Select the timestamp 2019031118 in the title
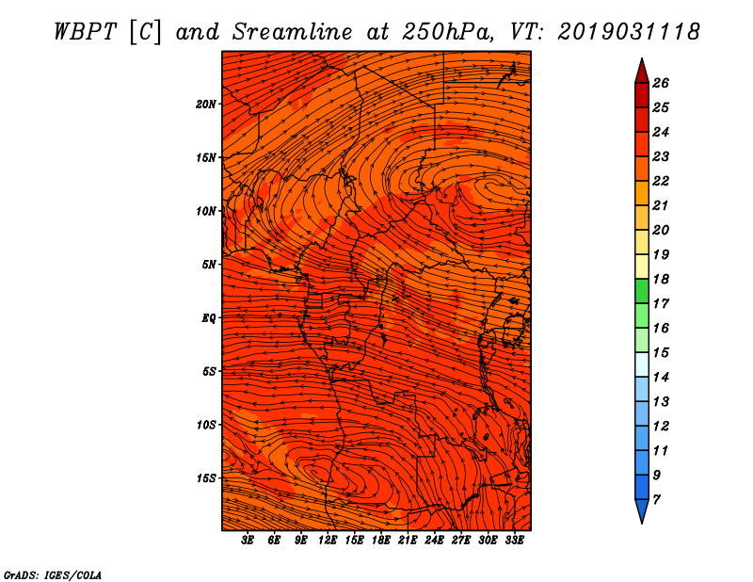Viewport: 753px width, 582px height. point(629,31)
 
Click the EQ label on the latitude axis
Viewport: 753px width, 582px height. point(209,317)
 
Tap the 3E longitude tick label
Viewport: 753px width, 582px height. point(248,541)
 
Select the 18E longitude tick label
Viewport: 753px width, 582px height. point(381,541)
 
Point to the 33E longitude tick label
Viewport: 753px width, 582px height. point(514,541)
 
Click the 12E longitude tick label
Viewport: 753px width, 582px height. point(328,541)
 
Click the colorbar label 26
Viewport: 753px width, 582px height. point(661,83)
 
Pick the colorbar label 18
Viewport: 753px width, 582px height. point(661,279)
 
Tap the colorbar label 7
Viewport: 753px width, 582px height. point(657,499)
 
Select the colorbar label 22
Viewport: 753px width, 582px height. point(661,181)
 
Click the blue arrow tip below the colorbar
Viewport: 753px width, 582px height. point(641,513)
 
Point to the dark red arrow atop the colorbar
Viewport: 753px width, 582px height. point(641,70)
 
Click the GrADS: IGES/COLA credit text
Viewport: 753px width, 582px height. point(53,574)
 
